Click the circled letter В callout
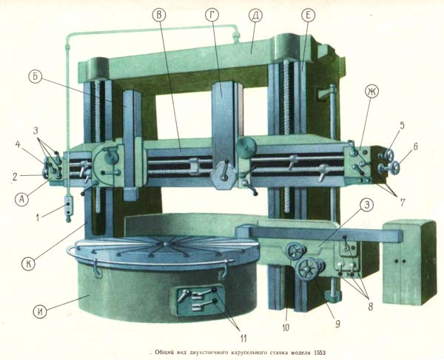pyautogui.click(x=159, y=16)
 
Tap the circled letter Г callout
pyautogui.click(x=212, y=16)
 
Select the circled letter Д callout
pyautogui.click(x=255, y=16)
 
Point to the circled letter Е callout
pyautogui.click(x=308, y=16)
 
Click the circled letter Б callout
pyautogui.click(x=35, y=77)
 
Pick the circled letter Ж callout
pyautogui.click(x=371, y=92)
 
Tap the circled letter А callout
pyautogui.click(x=21, y=200)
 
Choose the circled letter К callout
pyautogui.click(x=29, y=264)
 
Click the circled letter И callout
pyautogui.click(x=40, y=312)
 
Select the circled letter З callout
pyautogui.click(x=367, y=205)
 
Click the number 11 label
pyautogui.click(x=243, y=338)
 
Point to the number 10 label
pyautogui.click(x=286, y=327)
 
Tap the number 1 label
pyautogui.click(x=37, y=217)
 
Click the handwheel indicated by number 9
pyautogui.click(x=307, y=269)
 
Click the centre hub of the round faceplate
pyautogui.click(x=165, y=243)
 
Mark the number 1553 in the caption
pyautogui.click(x=320, y=353)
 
